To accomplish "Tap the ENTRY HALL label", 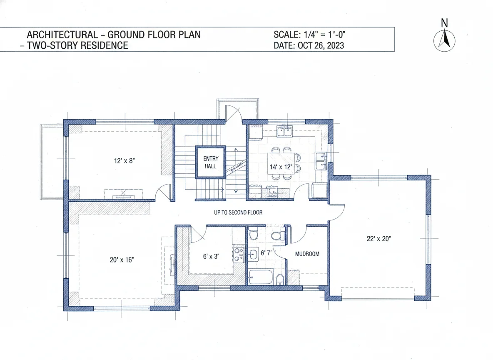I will click(x=210, y=162).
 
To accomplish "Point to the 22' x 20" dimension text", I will click(x=378, y=239).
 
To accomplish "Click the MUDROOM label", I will click(x=307, y=253).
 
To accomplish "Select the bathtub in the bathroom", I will click(x=261, y=277).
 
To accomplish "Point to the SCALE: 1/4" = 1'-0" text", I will click(x=310, y=35).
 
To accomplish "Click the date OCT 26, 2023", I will click(x=321, y=45).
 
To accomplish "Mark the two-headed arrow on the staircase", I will click(x=236, y=172).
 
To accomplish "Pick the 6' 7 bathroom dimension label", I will click(x=266, y=253).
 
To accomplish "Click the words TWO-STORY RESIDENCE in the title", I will click(x=77, y=45).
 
